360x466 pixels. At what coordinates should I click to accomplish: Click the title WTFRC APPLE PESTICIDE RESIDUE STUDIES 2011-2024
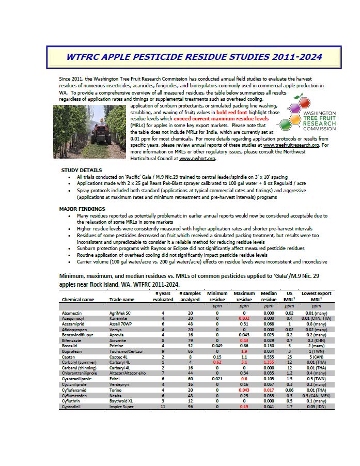[x=194, y=56]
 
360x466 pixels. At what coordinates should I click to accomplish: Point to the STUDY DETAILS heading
[x=81, y=170]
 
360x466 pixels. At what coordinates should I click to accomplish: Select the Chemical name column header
[x=79, y=300]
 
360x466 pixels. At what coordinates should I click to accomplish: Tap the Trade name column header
[x=122, y=300]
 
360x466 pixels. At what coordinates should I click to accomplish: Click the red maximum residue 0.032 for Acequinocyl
[x=243, y=319]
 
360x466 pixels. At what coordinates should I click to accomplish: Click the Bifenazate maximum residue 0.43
[x=243, y=341]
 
